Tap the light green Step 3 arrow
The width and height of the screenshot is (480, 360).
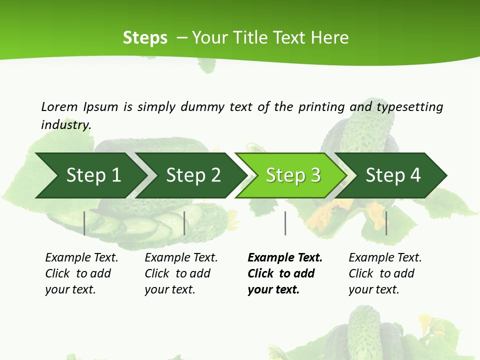coord(293,175)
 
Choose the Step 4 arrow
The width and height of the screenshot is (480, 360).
coord(393,175)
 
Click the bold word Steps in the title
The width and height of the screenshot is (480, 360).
coord(145,38)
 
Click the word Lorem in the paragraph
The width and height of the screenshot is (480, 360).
coord(59,106)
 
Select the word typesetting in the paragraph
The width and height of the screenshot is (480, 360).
coord(409,106)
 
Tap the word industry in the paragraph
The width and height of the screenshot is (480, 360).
coord(66,124)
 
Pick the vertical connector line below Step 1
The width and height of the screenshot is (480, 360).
coord(84,223)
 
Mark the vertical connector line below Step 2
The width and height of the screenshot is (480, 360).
coord(184,223)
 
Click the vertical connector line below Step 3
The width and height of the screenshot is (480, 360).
coord(285,223)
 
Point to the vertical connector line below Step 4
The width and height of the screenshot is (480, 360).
coord(386,223)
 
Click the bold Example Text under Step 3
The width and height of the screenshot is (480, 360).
coord(285,257)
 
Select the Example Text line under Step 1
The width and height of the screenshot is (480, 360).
coord(81,257)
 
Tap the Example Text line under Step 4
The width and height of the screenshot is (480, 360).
coord(385,257)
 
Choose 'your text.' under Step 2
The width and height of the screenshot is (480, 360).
coord(170,289)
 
